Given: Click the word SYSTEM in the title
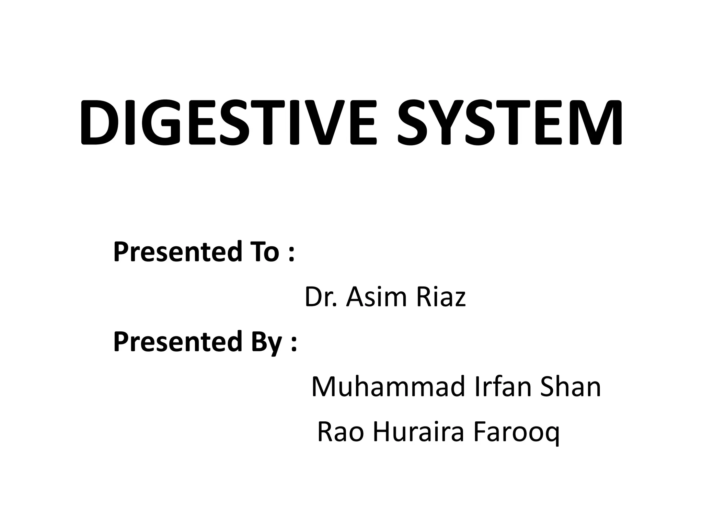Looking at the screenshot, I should click(x=510, y=122).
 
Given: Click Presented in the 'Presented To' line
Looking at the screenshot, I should click(x=177, y=251).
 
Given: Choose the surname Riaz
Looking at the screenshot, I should click(x=441, y=297).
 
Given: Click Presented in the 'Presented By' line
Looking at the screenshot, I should click(x=177, y=342).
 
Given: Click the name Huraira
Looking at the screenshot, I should click(x=419, y=432).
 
